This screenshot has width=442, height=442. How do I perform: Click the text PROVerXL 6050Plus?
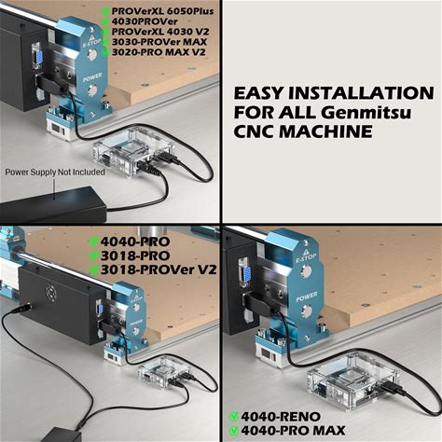162,11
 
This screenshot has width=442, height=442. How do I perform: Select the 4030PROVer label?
145,21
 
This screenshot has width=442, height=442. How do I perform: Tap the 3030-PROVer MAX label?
159,42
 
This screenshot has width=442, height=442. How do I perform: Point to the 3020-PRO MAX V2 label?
159,52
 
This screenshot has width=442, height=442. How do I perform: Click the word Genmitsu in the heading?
366,112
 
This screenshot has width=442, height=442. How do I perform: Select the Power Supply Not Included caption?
55,172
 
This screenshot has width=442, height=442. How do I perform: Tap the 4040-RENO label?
281,417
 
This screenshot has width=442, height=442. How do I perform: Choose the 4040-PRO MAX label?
293,431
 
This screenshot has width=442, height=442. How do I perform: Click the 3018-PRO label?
135,256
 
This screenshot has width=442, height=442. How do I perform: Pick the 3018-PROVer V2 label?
159,269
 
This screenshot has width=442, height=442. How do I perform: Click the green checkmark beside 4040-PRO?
94,242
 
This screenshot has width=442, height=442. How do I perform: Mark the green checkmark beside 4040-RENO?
234,417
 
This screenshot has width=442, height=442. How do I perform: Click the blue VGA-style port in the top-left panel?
38,58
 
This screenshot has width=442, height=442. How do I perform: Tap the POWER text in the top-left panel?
92,77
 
